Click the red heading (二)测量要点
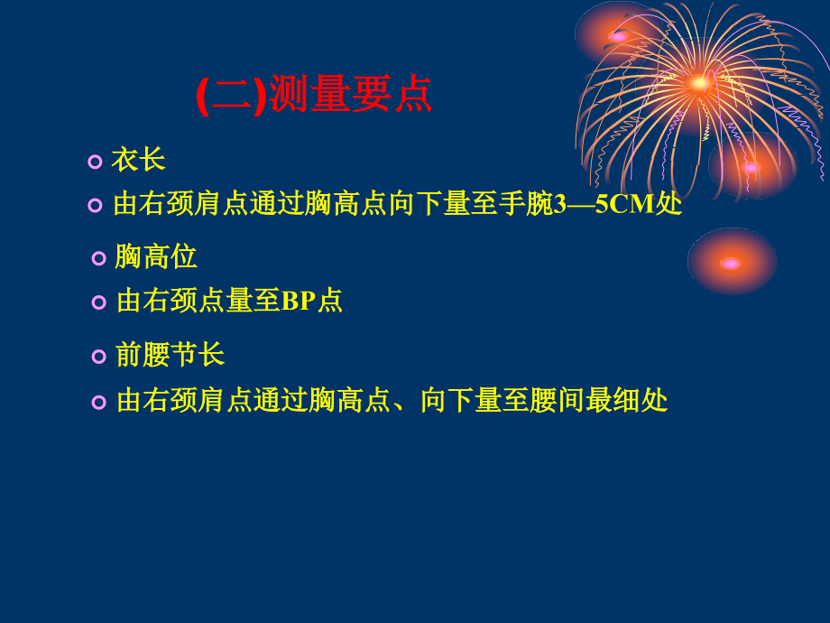[x=314, y=95]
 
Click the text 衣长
[x=138, y=161]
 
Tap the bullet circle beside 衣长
[x=95, y=162]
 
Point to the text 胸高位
[x=155, y=257]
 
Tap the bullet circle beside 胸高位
[x=99, y=259]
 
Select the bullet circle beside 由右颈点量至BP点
[x=99, y=302]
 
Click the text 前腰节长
[x=170, y=355]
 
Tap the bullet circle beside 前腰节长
[x=99, y=357]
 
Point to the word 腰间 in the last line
[x=558, y=400]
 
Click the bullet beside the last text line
[x=99, y=402]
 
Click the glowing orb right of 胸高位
[x=731, y=263]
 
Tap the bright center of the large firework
[x=697, y=83]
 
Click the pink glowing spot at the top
[x=618, y=36]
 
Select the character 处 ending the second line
[x=669, y=204]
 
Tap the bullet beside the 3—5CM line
[x=95, y=205]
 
